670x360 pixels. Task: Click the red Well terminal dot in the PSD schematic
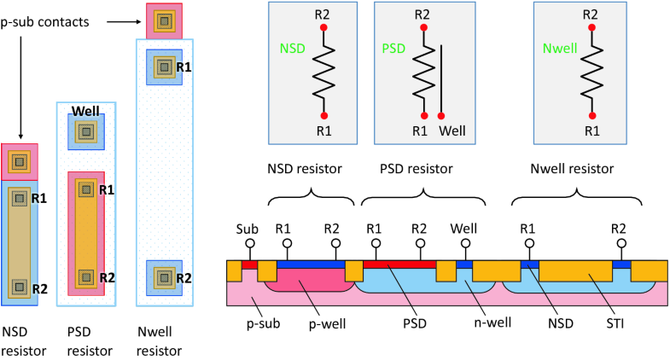click(x=441, y=114)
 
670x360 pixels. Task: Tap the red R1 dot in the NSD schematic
click(x=323, y=114)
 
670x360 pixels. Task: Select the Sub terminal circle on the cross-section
click(x=249, y=244)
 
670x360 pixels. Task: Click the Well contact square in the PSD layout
click(x=85, y=131)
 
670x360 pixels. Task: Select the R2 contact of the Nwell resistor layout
click(x=161, y=277)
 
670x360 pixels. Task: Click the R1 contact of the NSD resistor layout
click(x=19, y=199)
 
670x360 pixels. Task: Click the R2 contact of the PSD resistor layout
click(x=85, y=277)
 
